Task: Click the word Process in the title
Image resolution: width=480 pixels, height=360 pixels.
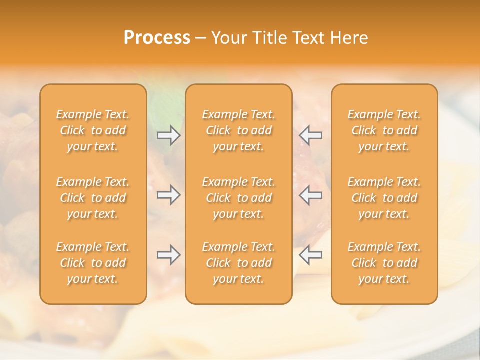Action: tap(157, 38)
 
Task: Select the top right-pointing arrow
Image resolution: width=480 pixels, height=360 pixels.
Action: tap(169, 135)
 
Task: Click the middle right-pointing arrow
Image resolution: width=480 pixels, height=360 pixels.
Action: tap(169, 195)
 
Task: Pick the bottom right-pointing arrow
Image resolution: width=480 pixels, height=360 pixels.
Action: tap(169, 255)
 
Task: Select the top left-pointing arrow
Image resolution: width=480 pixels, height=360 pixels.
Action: tap(311, 135)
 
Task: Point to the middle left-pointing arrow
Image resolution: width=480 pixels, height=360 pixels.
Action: tap(311, 195)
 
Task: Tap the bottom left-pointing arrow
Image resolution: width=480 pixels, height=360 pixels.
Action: tap(311, 255)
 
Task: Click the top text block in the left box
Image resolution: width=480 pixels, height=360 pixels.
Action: tap(93, 130)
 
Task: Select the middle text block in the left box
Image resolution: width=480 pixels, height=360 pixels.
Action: tap(93, 198)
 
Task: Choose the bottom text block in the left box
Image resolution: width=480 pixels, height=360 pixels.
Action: tap(93, 263)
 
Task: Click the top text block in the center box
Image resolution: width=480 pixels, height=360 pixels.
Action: tap(239, 130)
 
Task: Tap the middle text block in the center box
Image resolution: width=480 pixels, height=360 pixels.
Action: tap(239, 198)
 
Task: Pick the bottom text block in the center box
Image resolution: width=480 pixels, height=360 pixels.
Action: tap(239, 263)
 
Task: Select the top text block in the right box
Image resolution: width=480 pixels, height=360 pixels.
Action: tap(384, 130)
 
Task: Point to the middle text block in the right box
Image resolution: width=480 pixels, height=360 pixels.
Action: tap(384, 198)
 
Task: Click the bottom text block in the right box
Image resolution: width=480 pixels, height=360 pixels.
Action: tap(384, 263)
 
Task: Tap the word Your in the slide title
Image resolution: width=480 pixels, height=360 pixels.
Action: tap(227, 38)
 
